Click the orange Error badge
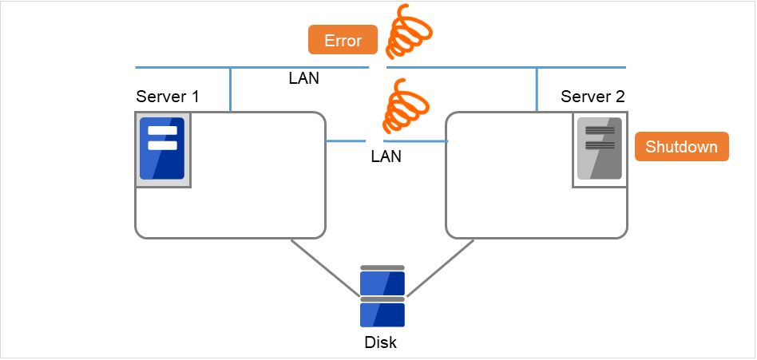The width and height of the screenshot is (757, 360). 343,40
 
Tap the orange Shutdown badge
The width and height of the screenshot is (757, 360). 682,147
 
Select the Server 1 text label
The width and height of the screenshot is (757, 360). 168,97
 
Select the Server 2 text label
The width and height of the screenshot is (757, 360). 593,97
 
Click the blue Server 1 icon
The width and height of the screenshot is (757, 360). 162,148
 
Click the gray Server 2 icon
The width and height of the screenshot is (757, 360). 599,148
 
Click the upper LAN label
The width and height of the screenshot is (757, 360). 305,79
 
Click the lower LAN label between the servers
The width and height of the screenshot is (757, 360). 386,156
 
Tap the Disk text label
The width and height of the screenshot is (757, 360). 380,343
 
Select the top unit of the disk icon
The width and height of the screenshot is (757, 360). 382,281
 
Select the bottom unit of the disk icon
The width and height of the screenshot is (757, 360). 382,313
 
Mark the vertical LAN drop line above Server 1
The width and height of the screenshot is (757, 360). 231,89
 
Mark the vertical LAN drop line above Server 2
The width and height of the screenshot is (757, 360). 537,89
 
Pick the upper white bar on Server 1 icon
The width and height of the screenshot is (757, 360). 162,131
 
